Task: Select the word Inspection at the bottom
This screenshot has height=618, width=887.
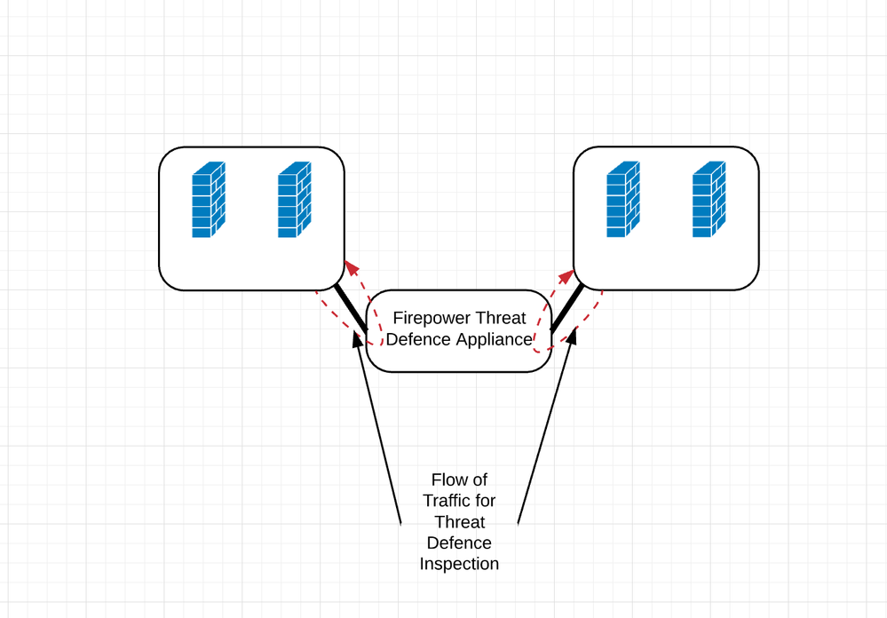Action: coord(459,564)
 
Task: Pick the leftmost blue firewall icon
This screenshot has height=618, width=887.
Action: coord(209,199)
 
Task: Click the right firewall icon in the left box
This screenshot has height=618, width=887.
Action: coord(294,199)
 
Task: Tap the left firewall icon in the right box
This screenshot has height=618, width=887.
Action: coord(622,199)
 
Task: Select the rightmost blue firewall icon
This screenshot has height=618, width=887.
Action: coord(709,199)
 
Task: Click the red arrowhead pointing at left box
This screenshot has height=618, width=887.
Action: coord(352,267)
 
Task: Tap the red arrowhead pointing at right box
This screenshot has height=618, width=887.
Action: coord(566,277)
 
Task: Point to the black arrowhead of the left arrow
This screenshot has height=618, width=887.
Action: coord(358,338)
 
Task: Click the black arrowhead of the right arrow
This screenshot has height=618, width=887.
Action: coord(572,336)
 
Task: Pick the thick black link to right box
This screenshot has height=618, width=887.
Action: coord(566,308)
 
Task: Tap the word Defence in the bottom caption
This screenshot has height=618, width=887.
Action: coord(459,543)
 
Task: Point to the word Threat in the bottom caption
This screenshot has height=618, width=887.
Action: coord(459,522)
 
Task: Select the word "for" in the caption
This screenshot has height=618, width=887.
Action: coord(486,501)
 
